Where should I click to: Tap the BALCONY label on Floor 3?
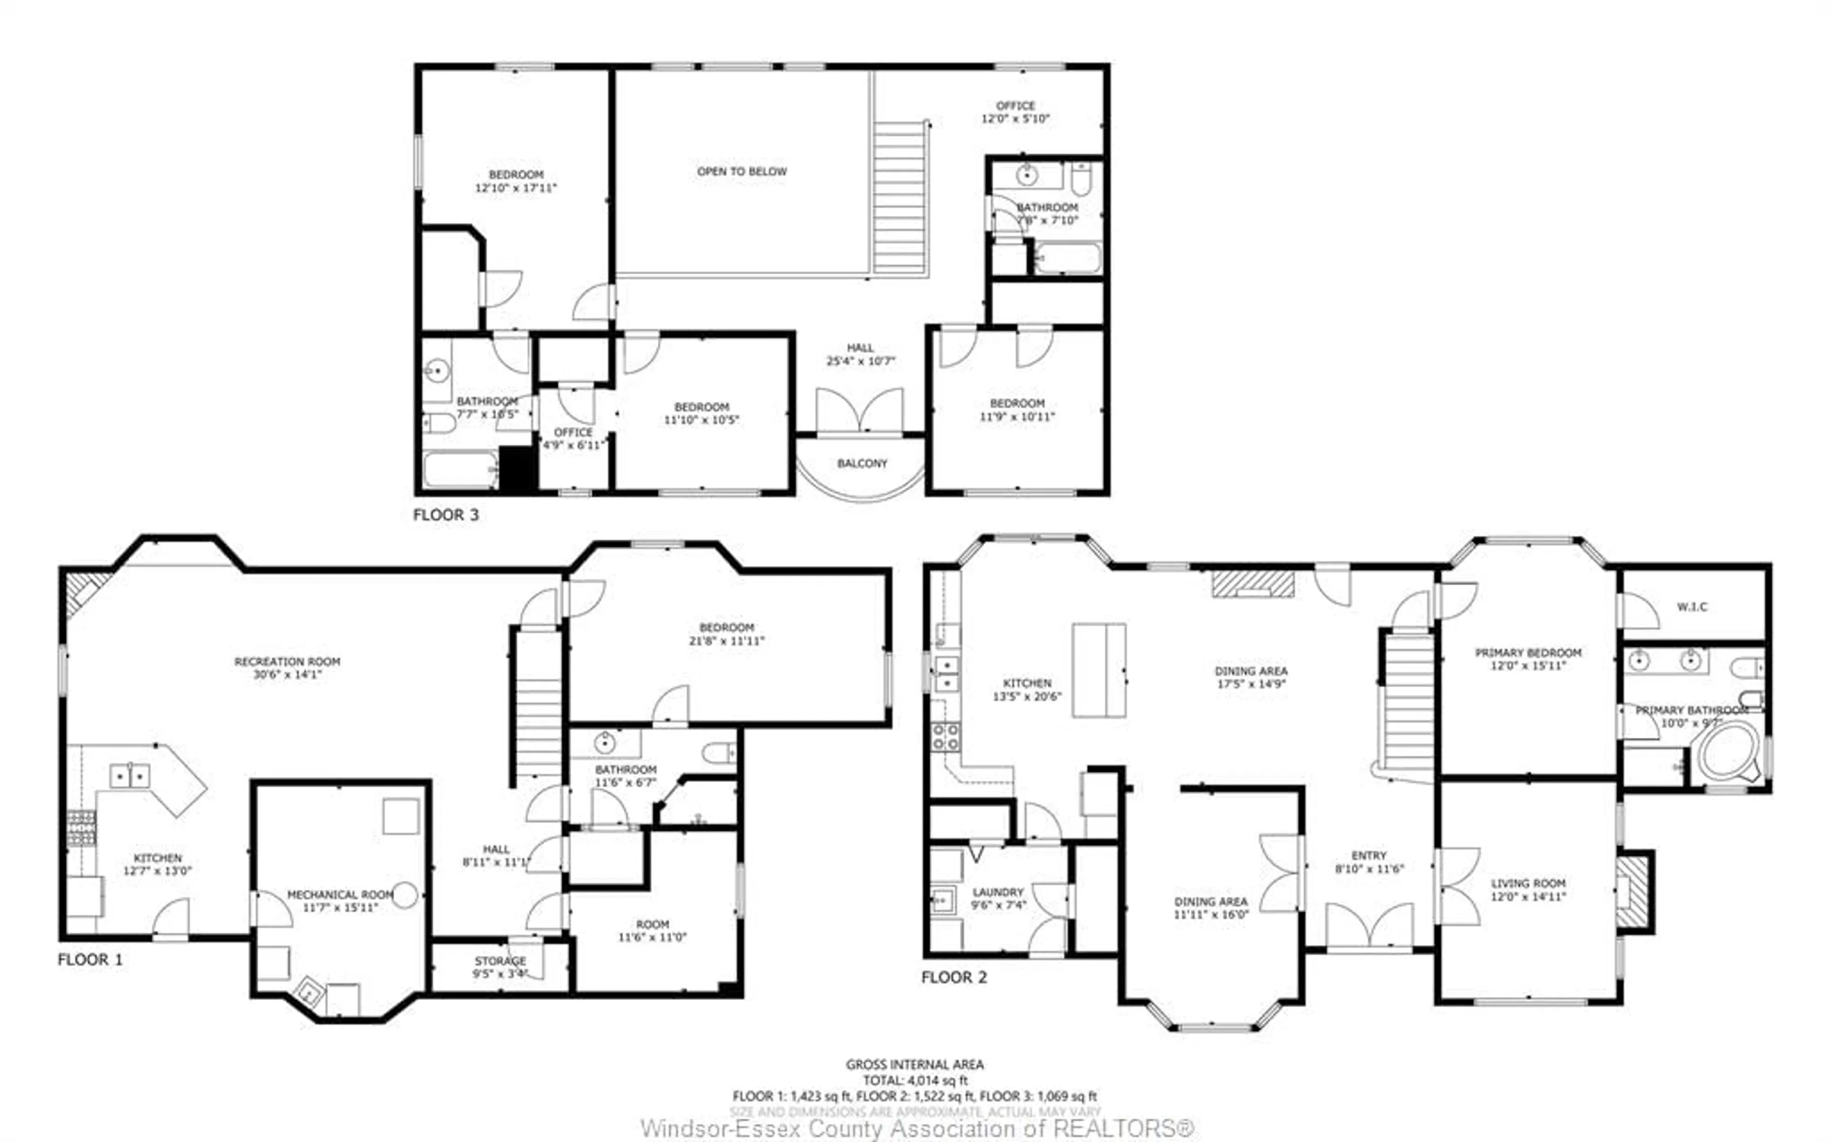click(862, 463)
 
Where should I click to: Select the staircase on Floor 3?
click(900, 198)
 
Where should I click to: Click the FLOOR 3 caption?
click(446, 515)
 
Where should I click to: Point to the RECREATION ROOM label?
click(287, 662)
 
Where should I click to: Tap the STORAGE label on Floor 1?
click(500, 961)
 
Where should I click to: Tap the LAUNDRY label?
click(998, 892)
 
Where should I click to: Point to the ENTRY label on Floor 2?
click(1368, 856)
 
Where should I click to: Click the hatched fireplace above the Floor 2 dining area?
click(1253, 585)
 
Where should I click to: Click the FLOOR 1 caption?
click(90, 960)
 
